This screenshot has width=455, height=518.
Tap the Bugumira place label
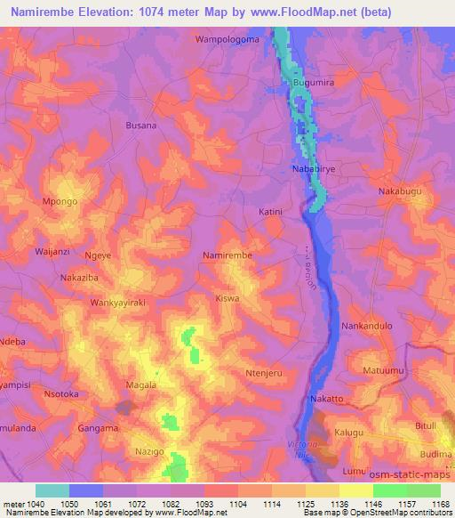(x=313, y=83)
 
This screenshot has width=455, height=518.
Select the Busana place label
(x=141, y=125)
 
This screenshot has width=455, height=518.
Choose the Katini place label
(x=270, y=212)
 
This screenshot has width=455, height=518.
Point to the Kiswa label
(x=227, y=299)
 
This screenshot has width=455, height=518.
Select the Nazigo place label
(x=148, y=452)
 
